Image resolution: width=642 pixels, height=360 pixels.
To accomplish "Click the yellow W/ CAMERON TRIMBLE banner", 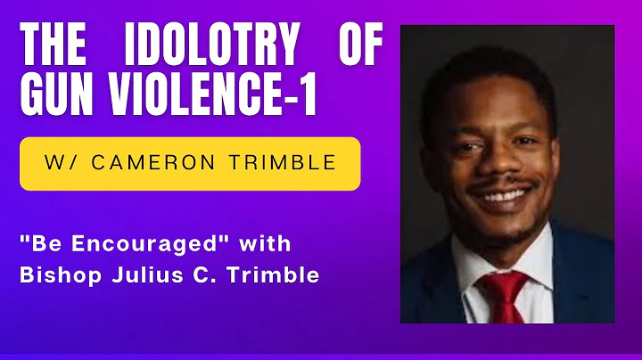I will [x=190, y=163].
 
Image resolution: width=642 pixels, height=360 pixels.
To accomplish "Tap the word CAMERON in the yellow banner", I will [x=176, y=163].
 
